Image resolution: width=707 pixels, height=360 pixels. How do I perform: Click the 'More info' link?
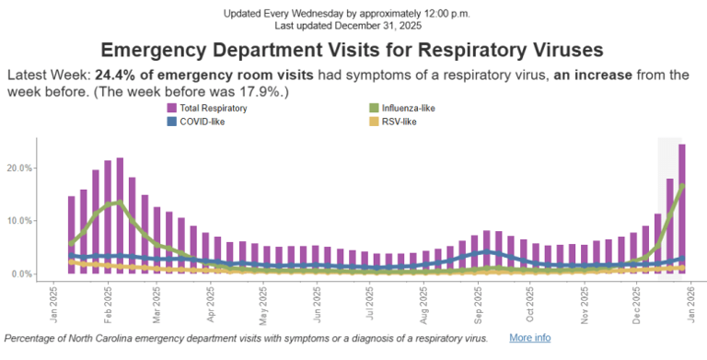[529, 338]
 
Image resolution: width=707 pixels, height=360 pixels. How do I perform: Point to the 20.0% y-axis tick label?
[18, 168]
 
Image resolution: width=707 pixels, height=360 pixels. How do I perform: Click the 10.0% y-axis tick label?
[18, 221]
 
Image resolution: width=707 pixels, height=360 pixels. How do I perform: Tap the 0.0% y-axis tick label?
[20, 274]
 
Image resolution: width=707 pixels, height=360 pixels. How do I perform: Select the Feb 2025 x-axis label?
[108, 302]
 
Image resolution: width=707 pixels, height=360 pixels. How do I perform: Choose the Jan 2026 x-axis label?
[690, 302]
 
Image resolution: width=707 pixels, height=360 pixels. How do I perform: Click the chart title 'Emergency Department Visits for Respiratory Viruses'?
[352, 49]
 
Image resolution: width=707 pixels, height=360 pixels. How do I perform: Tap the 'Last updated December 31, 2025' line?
[353, 25]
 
